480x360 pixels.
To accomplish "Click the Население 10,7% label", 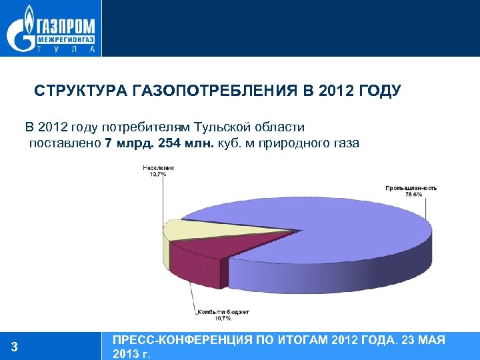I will click(x=158, y=171).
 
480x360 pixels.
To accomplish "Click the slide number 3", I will click(x=15, y=347).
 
